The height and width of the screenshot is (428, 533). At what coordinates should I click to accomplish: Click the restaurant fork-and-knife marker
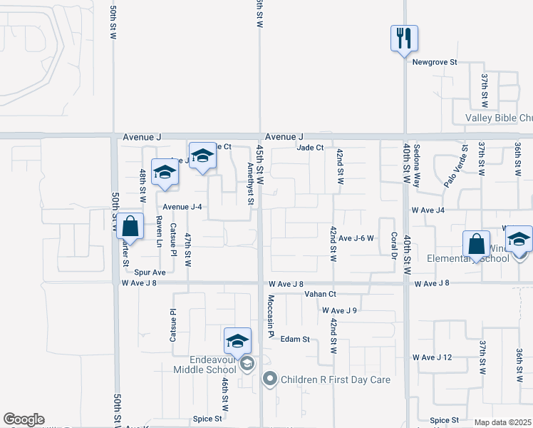(x=404, y=38)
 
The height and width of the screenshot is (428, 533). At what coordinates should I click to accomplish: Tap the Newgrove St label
(x=435, y=62)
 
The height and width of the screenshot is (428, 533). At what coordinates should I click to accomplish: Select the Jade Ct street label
(x=310, y=148)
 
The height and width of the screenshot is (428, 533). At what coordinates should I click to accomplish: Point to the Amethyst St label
(x=250, y=183)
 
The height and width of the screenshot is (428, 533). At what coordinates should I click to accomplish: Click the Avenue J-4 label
(x=183, y=207)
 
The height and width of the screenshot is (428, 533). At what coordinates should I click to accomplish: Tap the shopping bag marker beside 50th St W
(x=130, y=227)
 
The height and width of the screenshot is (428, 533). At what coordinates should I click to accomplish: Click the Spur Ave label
(x=150, y=272)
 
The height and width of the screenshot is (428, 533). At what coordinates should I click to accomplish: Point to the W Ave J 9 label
(x=339, y=310)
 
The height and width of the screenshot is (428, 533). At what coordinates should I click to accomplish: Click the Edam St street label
(x=295, y=340)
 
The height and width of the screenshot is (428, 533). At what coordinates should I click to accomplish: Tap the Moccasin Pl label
(x=271, y=315)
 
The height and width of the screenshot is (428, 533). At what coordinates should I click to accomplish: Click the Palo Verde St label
(x=455, y=167)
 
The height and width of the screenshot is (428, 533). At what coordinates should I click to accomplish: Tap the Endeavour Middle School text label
(x=205, y=365)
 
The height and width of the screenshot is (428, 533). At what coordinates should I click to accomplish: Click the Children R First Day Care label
(x=336, y=379)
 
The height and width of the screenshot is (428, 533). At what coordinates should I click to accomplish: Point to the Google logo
(x=24, y=419)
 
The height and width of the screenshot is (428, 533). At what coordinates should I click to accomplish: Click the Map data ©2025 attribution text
(x=502, y=422)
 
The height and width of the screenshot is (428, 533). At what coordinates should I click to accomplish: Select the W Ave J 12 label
(x=433, y=357)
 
